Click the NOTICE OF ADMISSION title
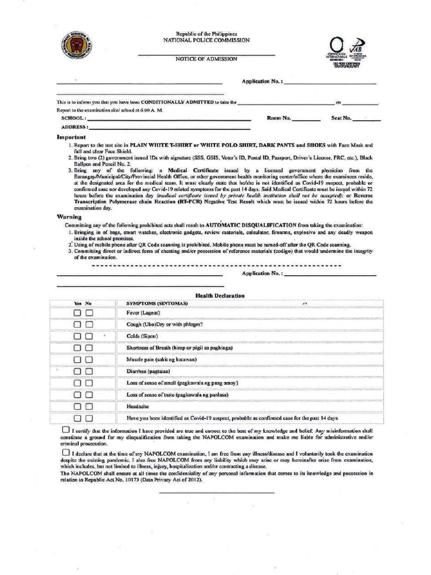[x=206, y=59]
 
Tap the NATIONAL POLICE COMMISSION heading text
[x=207, y=41]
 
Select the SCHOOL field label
[x=74, y=118]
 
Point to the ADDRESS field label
[x=75, y=127]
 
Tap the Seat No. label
[x=341, y=118]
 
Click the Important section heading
[x=71, y=137]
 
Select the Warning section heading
[x=69, y=216]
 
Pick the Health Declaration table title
[x=219, y=295]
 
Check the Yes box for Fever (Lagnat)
[x=77, y=312]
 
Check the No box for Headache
[x=89, y=406]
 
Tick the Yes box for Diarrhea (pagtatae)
[x=77, y=371]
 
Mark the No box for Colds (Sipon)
[x=89, y=336]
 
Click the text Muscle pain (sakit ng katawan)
[x=162, y=359]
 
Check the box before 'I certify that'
[x=66, y=430]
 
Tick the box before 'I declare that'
[x=66, y=452]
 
